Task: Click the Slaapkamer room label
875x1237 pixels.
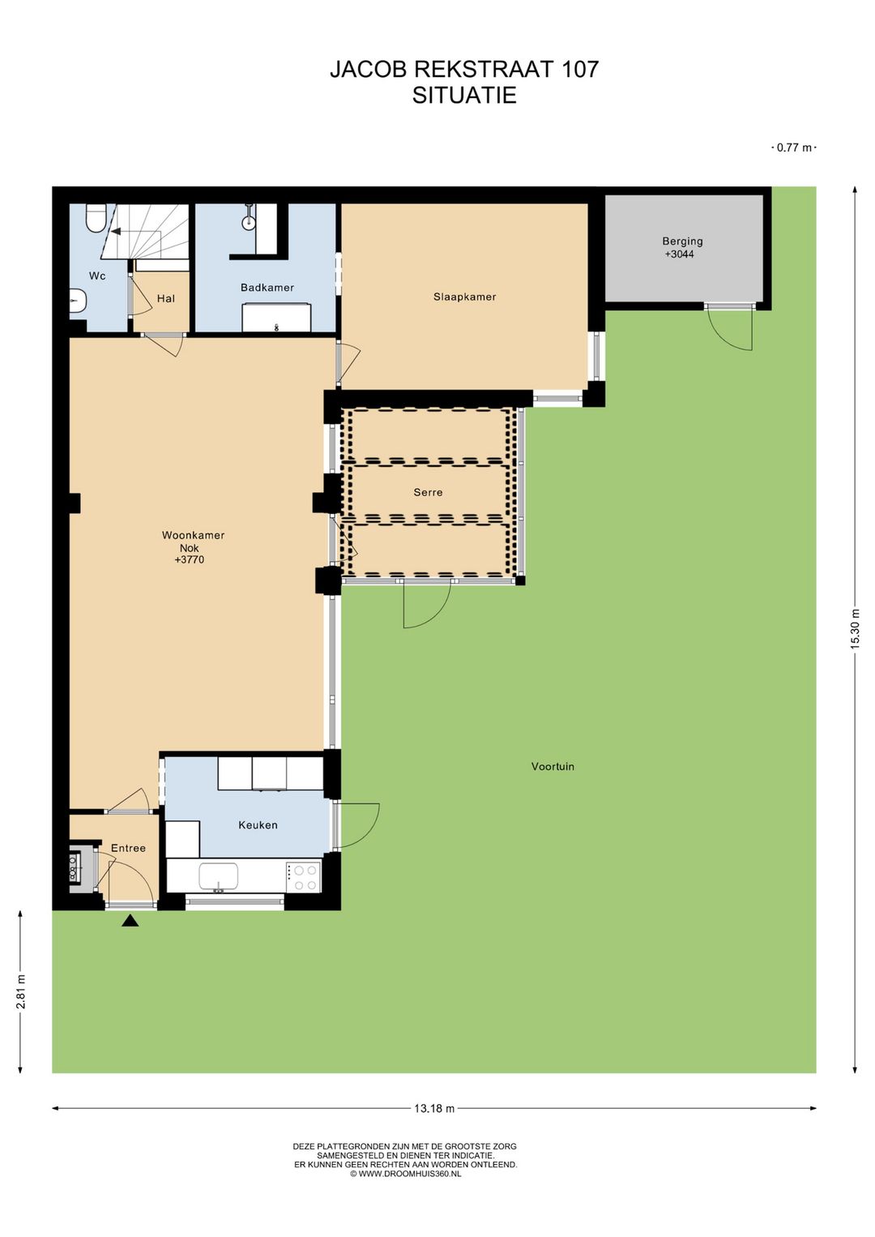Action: coord(464,297)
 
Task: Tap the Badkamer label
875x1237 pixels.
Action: coord(267,288)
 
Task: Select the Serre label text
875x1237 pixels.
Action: coord(428,492)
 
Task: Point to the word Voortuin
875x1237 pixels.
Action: coord(553,767)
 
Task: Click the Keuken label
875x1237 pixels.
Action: coord(258,825)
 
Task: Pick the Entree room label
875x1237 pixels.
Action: coord(128,848)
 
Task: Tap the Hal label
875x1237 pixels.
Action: coord(165,299)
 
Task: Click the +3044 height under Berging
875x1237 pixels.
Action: coord(680,255)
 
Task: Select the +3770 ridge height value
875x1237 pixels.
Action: coord(190,559)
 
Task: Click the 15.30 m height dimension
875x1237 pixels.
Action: coord(855,628)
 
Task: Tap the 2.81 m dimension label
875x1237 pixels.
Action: coord(20,991)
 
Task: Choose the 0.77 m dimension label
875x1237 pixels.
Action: coord(795,148)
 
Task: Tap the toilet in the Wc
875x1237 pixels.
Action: coord(96,218)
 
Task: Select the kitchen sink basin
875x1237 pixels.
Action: coord(219,875)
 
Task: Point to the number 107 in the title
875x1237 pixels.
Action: coord(579,70)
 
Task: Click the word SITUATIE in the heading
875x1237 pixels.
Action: coord(464,96)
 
